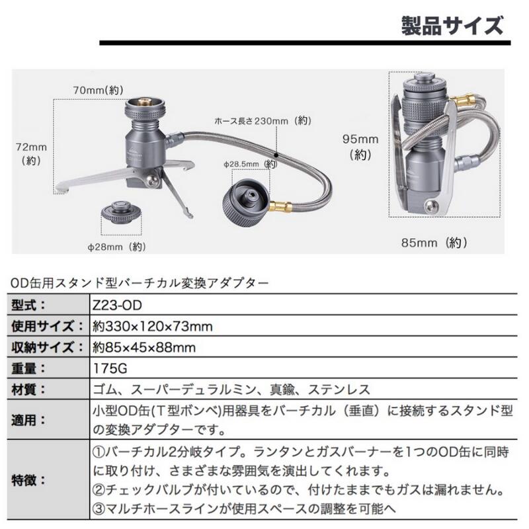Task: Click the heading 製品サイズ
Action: [x=452, y=27]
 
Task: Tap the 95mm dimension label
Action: [x=360, y=147]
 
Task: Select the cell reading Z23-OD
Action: [x=115, y=305]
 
